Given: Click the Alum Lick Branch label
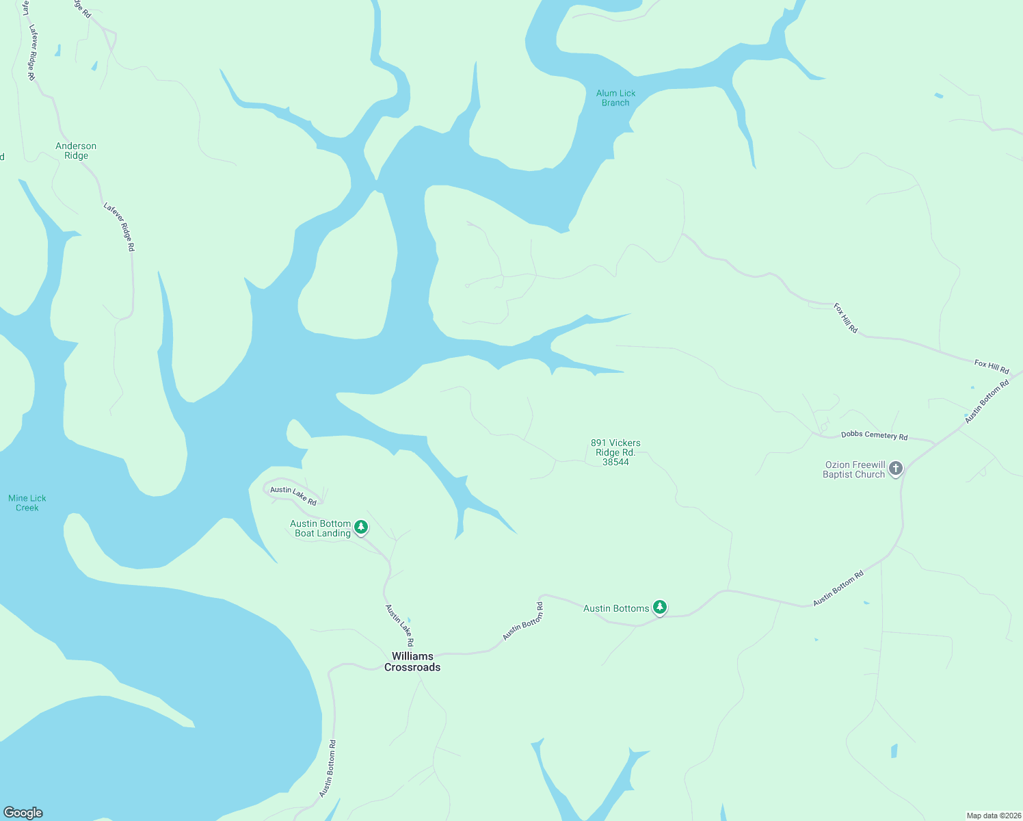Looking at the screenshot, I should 615,98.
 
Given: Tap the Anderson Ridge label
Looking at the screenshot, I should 76,151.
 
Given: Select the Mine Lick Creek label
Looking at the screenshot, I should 27,503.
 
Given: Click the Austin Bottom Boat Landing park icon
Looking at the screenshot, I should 361,527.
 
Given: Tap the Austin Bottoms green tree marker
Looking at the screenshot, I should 660,607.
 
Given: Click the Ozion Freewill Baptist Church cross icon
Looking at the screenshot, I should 896,469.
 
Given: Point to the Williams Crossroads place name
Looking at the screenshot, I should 412,662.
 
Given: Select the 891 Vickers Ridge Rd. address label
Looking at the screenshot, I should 615,452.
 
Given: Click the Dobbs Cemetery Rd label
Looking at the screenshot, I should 874,435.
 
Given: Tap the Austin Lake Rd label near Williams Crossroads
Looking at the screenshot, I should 399,625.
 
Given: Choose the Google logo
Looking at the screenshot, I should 23,813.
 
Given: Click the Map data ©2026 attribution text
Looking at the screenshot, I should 994,816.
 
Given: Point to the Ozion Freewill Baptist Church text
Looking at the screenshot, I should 854,469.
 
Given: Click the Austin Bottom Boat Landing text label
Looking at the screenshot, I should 322,528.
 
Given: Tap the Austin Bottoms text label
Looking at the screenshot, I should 616,608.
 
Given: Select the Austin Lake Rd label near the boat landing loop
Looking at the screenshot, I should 293,495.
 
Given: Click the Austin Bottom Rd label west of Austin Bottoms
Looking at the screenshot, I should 523,621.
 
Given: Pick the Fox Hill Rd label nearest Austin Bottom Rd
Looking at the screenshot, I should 992,367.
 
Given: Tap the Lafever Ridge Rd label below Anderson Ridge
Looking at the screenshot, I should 120,226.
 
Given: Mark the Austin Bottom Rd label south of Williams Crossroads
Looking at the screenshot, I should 328,768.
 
